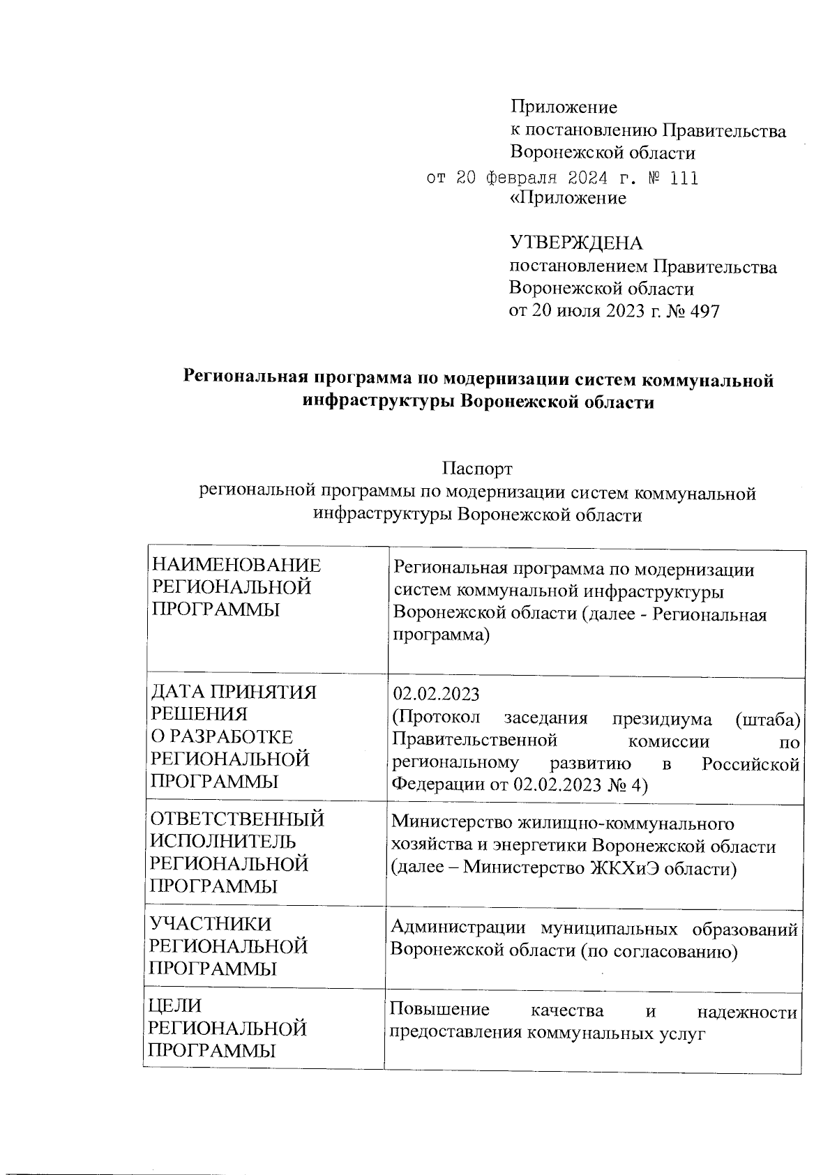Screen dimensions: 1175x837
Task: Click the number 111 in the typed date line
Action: pos(683,179)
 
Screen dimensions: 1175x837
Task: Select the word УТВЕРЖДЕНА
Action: pos(576,243)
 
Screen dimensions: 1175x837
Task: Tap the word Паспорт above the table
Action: pos(478,469)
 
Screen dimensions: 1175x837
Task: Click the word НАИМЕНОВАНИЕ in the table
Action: pos(237,566)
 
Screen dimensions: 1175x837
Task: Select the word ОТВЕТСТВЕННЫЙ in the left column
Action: pos(238,819)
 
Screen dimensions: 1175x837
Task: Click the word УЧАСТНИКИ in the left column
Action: pos(211,925)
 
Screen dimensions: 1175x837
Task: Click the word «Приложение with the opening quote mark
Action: pos(568,199)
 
